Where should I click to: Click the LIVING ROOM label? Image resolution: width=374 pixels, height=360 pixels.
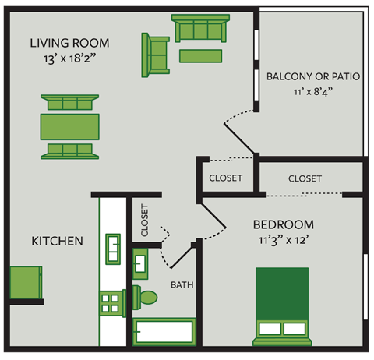[x=69, y=43]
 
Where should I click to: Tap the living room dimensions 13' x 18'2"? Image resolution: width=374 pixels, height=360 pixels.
[x=69, y=58]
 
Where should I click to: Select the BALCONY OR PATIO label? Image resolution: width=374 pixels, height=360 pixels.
[x=312, y=77]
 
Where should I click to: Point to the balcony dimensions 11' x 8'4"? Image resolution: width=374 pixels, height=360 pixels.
[x=312, y=92]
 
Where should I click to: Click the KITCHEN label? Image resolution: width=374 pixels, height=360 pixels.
[x=57, y=242]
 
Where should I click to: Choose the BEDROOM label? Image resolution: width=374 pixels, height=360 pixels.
[x=284, y=224]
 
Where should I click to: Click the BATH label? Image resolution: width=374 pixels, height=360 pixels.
[x=182, y=284]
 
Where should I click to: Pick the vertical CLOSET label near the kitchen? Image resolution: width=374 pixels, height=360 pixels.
[x=144, y=221]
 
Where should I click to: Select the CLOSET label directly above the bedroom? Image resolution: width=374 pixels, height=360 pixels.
[x=305, y=178]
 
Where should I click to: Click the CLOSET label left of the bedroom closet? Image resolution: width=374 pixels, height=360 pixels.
[x=226, y=178]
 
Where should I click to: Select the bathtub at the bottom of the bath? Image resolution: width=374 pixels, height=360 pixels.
[x=163, y=332]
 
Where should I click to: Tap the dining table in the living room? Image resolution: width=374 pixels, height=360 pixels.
[x=70, y=125]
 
